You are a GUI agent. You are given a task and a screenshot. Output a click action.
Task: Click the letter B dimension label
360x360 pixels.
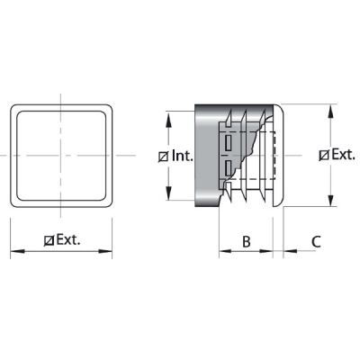click(x=247, y=241)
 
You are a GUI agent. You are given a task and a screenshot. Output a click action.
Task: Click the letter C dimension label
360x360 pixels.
click(x=316, y=241)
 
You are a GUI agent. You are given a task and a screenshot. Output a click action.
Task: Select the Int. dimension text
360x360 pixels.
click(x=182, y=156)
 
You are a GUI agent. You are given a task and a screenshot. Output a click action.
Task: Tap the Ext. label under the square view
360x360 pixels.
click(x=68, y=239)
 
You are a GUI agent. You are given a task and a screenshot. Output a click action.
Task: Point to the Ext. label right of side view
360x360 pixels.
click(x=343, y=155)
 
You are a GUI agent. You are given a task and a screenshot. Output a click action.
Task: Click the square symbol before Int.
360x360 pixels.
click(x=164, y=157)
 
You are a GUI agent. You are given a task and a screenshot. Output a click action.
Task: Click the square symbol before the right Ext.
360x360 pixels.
click(x=324, y=156)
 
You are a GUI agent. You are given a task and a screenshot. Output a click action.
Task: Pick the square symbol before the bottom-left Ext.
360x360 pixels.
click(x=49, y=240)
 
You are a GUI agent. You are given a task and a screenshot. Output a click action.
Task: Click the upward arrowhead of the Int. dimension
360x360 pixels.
click(x=168, y=119)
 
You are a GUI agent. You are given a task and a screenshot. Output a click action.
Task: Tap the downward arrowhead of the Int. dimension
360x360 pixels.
click(x=168, y=193)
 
